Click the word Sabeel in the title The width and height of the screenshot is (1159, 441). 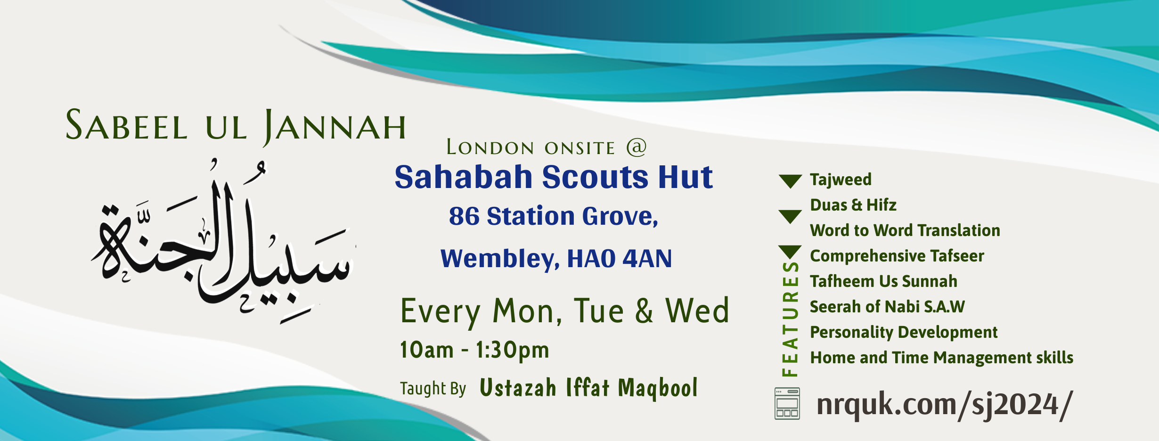pos(126,125)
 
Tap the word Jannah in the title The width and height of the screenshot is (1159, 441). pos(335,126)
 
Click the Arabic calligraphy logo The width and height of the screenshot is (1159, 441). pos(223,242)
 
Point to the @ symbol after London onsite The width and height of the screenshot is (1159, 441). pos(637,147)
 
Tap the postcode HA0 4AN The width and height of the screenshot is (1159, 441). pos(620,259)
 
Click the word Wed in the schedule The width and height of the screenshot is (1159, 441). pos(697,311)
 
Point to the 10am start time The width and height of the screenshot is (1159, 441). pos(427,350)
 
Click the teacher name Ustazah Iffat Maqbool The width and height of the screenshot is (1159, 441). pos(588,388)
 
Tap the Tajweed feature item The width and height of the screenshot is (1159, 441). pos(841,180)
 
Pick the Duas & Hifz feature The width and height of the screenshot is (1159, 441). pos(853,205)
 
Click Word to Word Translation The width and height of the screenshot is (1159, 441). pos(905,230)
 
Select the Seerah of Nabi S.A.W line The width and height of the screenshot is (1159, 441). pos(887,307)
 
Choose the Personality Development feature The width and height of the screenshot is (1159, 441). pos(904,333)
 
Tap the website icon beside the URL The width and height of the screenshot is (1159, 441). pos(787,403)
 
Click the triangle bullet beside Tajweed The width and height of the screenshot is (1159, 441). pos(791,180)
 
